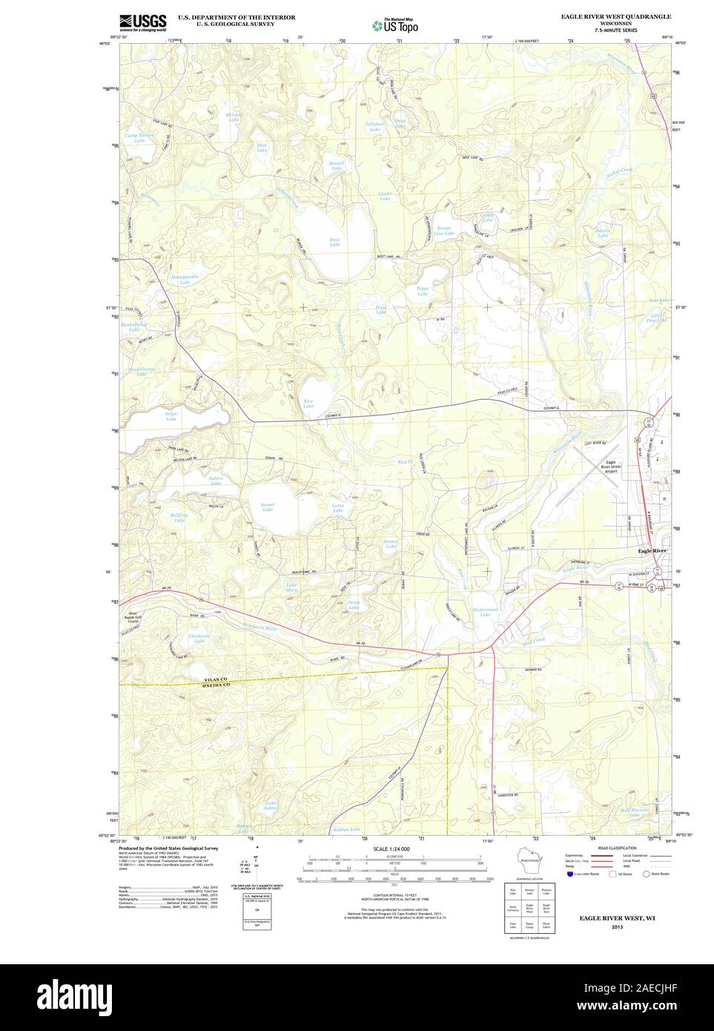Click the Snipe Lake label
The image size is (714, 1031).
[x=171, y=417]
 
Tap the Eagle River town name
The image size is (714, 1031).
[x=652, y=551]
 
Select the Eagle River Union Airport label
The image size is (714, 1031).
[x=612, y=470]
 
